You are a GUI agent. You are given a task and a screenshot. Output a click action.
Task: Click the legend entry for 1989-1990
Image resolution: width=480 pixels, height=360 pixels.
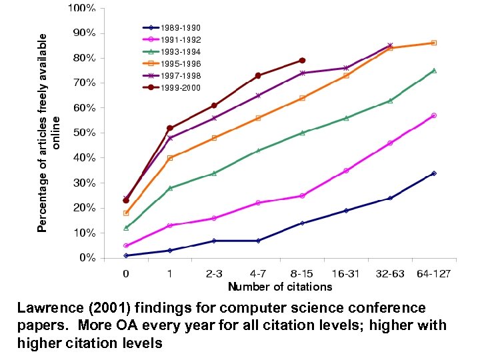[x=181, y=28]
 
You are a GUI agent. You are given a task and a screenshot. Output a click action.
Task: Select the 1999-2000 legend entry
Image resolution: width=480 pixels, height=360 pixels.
[x=181, y=88]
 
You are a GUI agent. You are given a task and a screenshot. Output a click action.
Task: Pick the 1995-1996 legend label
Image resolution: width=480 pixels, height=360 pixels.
[x=181, y=64]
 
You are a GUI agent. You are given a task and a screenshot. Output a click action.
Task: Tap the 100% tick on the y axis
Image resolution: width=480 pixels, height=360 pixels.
[x=81, y=9]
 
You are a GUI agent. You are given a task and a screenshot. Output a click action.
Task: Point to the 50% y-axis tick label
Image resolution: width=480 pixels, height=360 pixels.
[x=83, y=133]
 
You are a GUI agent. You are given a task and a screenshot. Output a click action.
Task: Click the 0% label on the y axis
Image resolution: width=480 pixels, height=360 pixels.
[x=87, y=257]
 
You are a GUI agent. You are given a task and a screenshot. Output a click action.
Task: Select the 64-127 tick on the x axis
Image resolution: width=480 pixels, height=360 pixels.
[x=434, y=273]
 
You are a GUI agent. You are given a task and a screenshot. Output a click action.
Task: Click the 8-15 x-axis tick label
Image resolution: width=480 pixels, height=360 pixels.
[x=302, y=273]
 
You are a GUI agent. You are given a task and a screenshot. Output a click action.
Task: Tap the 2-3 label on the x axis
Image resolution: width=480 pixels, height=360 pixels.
[x=214, y=273]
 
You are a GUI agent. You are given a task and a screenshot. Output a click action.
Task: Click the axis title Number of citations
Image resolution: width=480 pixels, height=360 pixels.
[x=280, y=287]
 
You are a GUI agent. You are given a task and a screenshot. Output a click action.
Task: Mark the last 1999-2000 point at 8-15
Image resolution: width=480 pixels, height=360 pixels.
[x=302, y=60]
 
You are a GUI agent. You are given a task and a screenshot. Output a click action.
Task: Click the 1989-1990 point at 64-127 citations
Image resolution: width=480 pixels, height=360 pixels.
[x=434, y=173]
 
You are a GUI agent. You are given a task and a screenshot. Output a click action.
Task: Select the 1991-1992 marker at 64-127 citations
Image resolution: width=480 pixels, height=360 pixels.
[x=434, y=115]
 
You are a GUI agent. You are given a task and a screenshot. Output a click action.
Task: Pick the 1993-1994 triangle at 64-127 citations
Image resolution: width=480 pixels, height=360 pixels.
[x=434, y=70]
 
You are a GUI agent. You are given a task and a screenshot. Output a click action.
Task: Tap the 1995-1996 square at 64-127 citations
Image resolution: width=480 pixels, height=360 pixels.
[x=434, y=43]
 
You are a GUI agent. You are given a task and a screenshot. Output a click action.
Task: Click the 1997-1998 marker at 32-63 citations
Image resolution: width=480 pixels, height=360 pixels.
[x=390, y=45]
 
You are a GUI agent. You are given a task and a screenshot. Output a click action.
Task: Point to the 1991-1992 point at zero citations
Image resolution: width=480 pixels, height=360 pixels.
[x=126, y=245]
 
